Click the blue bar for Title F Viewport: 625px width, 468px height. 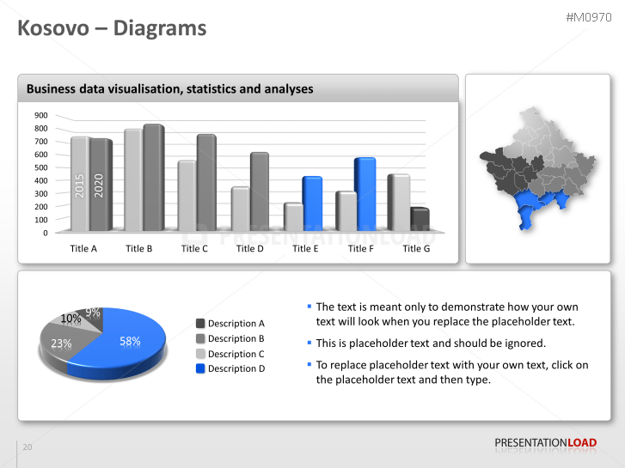[365, 194]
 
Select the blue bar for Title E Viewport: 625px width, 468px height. [311, 204]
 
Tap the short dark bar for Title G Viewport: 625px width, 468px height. [420, 220]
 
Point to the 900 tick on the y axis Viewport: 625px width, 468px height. [41, 115]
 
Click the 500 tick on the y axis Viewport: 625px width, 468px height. [41, 167]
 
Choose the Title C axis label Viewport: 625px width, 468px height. [194, 249]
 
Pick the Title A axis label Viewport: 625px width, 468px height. [83, 249]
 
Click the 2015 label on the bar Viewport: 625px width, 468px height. [79, 186]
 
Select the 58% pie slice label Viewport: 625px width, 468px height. [130, 341]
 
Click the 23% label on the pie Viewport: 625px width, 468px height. [61, 343]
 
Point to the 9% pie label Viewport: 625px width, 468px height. [92, 313]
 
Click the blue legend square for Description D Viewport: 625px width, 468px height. [200, 368]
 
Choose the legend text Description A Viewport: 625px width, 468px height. [236, 324]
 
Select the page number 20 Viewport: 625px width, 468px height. [28, 447]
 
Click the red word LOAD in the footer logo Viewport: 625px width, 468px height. [582, 443]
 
